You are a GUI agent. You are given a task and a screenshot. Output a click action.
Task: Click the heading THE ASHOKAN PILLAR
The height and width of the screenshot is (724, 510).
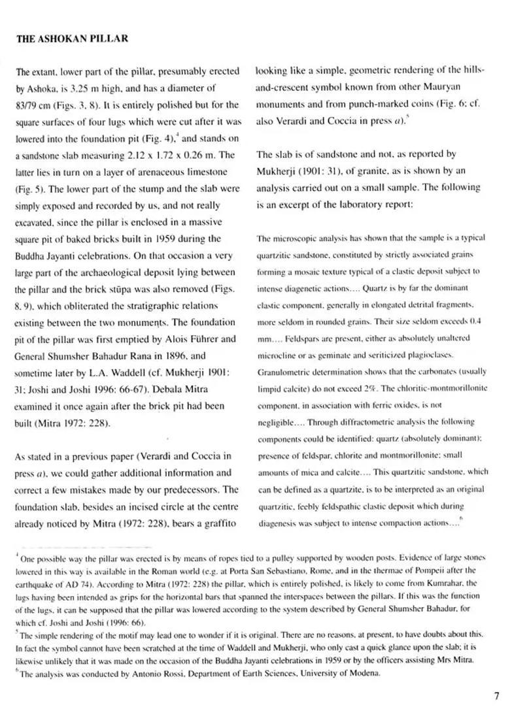click(x=72, y=39)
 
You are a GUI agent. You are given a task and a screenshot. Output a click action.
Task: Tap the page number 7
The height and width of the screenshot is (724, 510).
click(x=496, y=696)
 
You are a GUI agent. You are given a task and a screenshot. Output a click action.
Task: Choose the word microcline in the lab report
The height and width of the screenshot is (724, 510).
click(x=278, y=355)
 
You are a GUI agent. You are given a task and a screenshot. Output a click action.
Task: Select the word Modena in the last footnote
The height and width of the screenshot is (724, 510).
click(x=375, y=674)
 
